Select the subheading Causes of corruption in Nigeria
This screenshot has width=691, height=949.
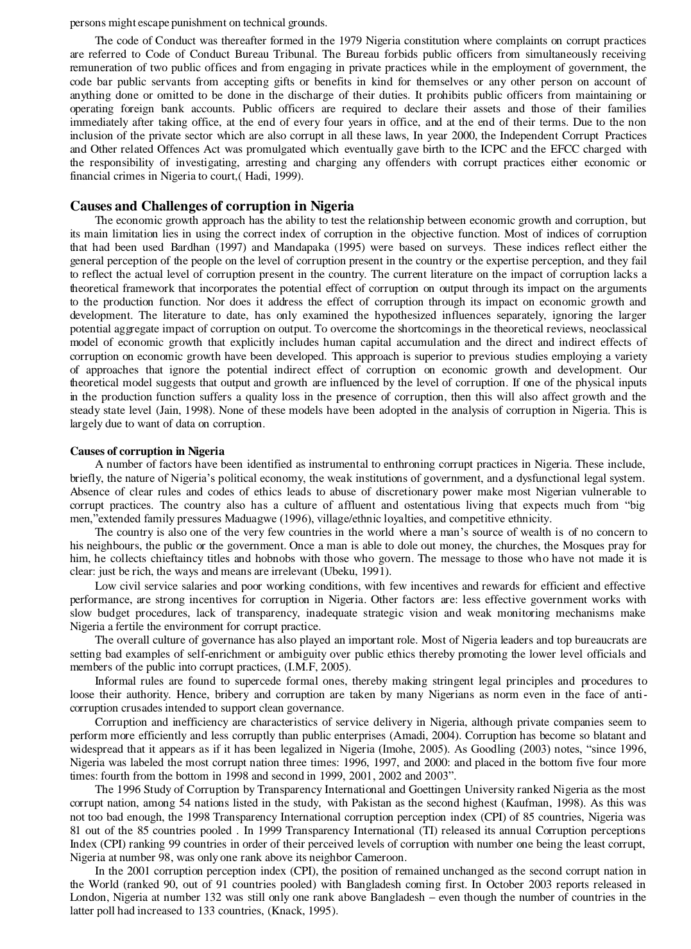tap(147, 451)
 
